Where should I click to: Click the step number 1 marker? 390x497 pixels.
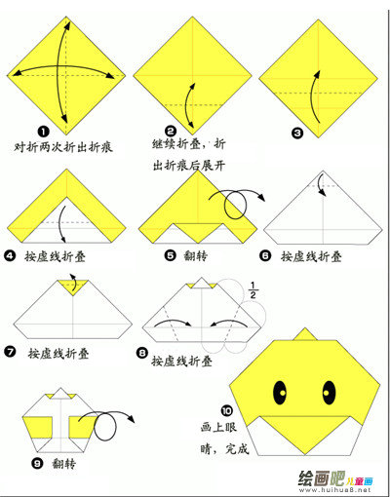[43, 132]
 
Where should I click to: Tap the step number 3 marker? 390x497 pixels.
[297, 133]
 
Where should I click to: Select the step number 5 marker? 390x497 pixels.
[170, 255]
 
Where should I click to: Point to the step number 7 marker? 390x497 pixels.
[10, 351]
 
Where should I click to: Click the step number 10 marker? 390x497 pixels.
[226, 411]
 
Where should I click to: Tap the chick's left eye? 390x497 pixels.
[280, 393]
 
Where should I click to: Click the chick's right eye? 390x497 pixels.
[329, 393]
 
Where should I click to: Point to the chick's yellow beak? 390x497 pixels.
[305, 434]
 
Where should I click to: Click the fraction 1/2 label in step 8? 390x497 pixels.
[253, 289]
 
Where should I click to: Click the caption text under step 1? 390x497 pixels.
[63, 147]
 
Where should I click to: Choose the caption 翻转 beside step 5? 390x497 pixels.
[195, 255]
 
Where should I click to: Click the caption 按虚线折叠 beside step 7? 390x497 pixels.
[58, 353]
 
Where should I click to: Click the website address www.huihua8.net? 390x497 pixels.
[334, 490]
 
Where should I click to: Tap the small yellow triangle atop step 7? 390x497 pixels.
[73, 287]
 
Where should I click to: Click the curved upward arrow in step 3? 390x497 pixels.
[314, 96]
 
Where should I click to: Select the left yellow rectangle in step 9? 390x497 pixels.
[38, 427]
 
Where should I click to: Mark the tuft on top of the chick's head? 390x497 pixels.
[305, 335]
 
